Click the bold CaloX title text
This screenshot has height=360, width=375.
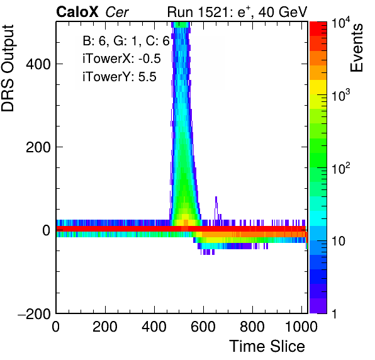click(x=77, y=12)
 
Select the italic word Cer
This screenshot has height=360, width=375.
click(x=117, y=12)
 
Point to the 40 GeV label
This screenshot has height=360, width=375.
click(x=283, y=12)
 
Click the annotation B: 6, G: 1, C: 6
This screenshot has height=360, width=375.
click(x=126, y=41)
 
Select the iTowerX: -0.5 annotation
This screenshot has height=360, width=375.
click(x=121, y=59)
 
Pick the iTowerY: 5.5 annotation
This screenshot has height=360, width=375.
click(x=120, y=77)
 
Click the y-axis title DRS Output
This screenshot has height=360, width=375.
click(x=8, y=68)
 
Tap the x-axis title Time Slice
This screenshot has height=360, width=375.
click(x=267, y=346)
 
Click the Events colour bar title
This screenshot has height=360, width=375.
click(x=356, y=48)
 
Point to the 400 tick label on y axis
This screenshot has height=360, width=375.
click(x=38, y=64)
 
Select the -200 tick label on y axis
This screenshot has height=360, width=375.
click(x=34, y=313)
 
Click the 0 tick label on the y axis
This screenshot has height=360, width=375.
click(x=47, y=230)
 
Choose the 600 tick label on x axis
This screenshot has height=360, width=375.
click(x=203, y=327)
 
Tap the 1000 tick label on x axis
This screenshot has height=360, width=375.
click(x=301, y=327)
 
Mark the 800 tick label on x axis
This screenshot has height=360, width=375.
click(x=252, y=327)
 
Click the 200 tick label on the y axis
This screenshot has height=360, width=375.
click(x=38, y=147)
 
